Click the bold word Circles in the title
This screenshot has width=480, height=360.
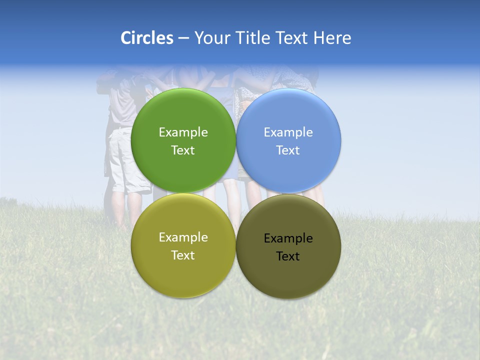(x=147, y=38)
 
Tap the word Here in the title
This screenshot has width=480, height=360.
(x=332, y=38)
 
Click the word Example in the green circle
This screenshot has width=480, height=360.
(x=183, y=132)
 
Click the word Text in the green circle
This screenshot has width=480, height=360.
(x=183, y=150)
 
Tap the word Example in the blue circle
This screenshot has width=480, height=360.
(x=288, y=132)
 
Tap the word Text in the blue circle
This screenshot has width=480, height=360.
(x=288, y=150)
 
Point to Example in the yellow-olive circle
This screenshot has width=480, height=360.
(x=183, y=237)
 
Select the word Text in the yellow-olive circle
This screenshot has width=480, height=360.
(x=183, y=255)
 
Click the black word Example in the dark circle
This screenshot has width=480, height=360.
(x=288, y=238)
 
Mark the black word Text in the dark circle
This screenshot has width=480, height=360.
(x=288, y=256)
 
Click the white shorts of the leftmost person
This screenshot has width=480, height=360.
(x=120, y=160)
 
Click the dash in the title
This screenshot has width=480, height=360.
(x=183, y=38)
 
